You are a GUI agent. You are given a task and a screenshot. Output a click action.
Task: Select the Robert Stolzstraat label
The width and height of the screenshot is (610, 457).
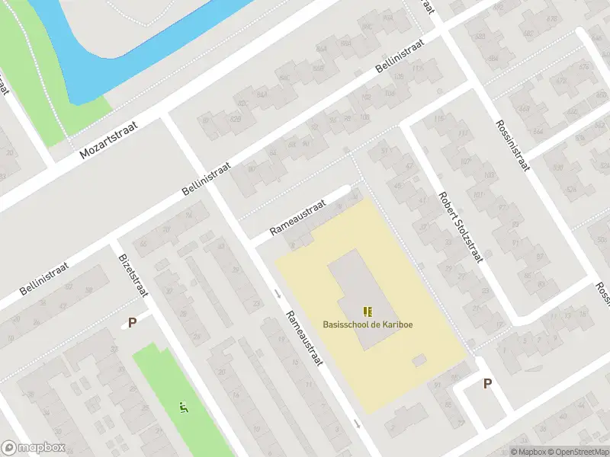[x=461, y=225]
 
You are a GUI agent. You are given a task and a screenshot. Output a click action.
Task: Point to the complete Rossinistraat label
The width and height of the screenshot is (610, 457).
[x=512, y=145]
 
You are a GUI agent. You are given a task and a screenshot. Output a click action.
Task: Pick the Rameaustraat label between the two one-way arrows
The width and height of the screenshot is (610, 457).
[x=304, y=337]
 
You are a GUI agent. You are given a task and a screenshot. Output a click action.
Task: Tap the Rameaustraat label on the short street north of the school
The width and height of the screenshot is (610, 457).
[x=297, y=218]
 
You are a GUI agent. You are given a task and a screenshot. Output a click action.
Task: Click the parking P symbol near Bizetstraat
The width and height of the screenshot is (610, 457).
[x=132, y=322]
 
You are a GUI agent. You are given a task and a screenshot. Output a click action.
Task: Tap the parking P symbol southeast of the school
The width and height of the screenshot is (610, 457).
[x=487, y=384]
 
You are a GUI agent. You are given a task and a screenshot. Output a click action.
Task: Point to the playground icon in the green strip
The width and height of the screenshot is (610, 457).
[x=182, y=407]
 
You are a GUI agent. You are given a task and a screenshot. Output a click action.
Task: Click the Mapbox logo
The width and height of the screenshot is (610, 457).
[x=34, y=448]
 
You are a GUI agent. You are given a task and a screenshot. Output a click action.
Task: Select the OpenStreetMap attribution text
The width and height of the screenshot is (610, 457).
[x=577, y=452]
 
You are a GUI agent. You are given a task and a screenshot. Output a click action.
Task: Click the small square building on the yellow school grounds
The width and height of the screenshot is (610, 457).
[x=419, y=360]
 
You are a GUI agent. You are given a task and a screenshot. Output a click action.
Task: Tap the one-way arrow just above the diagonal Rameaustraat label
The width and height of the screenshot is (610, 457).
[x=277, y=295]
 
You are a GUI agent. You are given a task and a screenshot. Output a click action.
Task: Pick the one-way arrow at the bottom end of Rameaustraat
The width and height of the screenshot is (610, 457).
[x=357, y=423]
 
